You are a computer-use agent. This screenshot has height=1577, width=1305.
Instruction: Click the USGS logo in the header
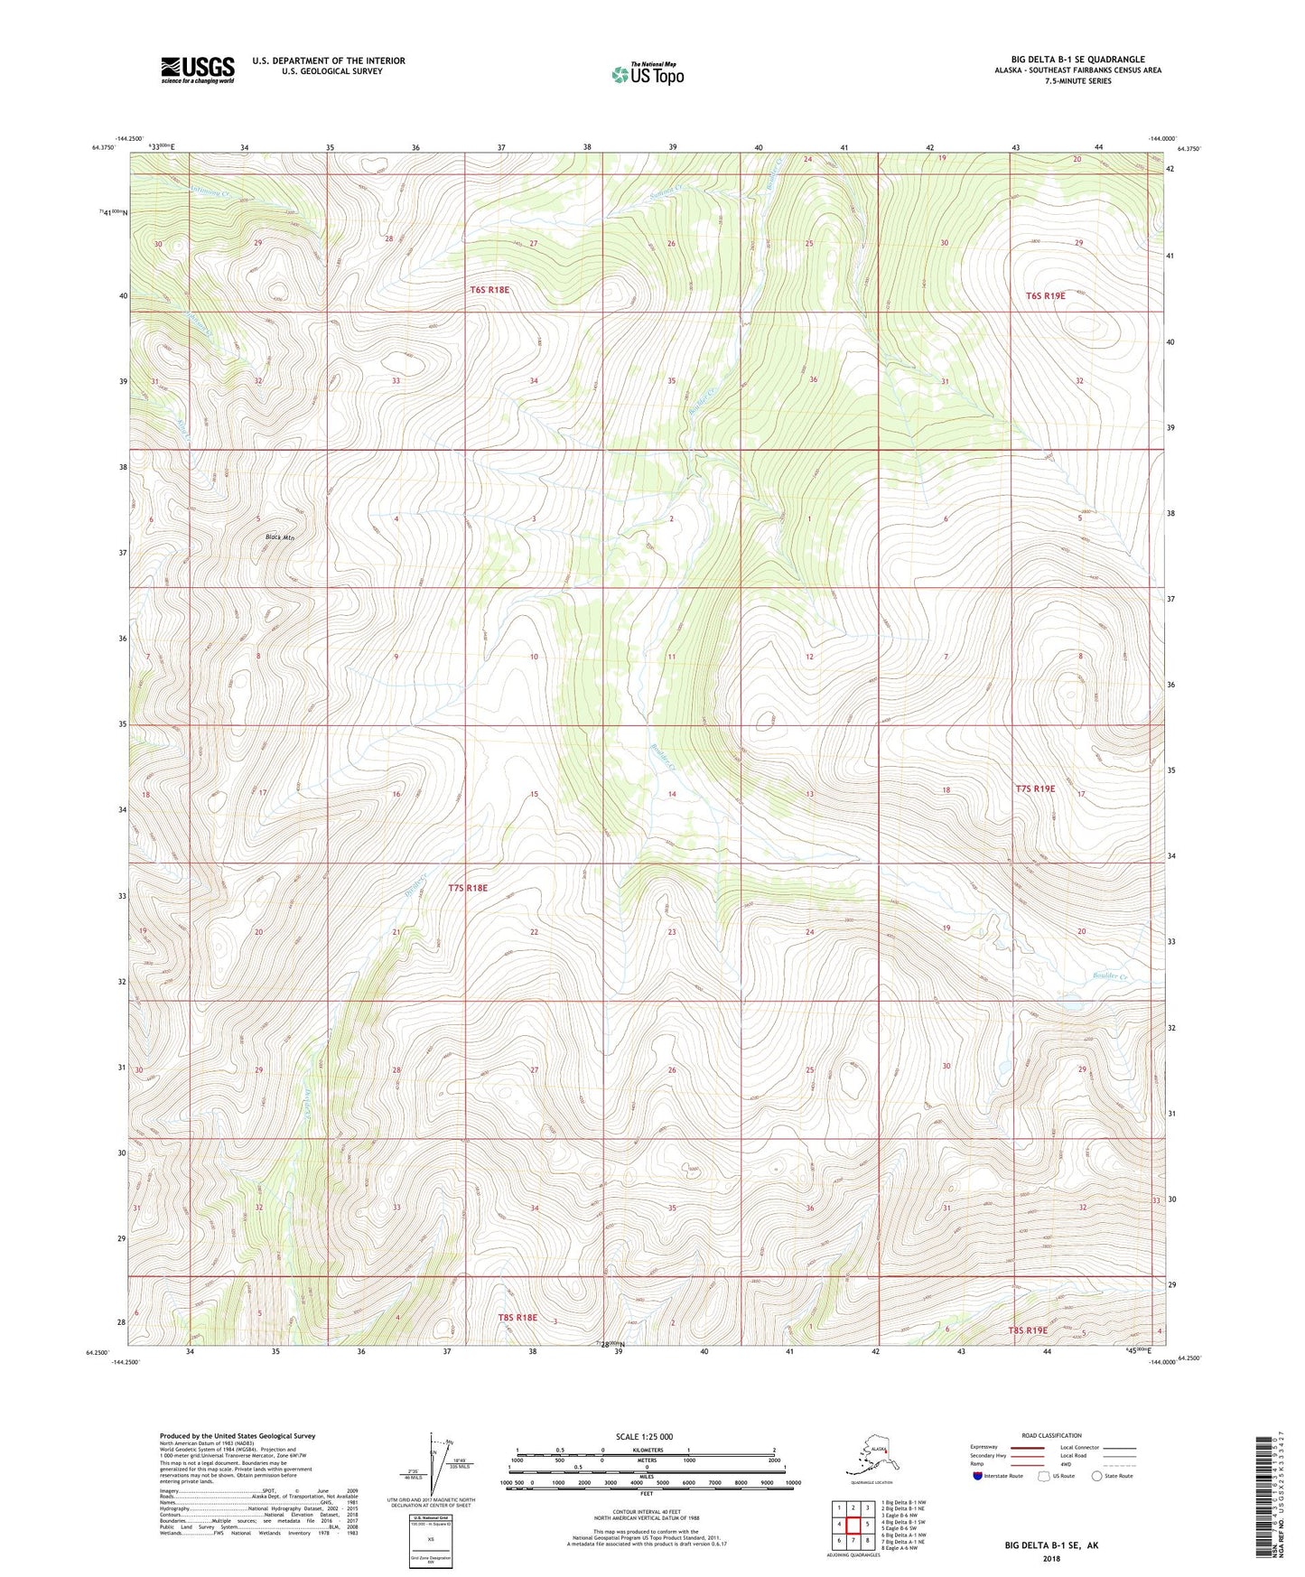pyautogui.click(x=197, y=70)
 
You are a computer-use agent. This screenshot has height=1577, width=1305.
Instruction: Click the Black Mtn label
pyautogui.click(x=280, y=537)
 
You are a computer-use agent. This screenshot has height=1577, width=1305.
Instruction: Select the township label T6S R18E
pyautogui.click(x=489, y=290)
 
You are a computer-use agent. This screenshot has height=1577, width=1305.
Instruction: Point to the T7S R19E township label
pyautogui.click(x=1035, y=788)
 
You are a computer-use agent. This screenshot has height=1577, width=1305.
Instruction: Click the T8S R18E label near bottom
pyautogui.click(x=517, y=1318)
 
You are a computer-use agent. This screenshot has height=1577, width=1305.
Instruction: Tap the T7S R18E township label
pyautogui.click(x=468, y=888)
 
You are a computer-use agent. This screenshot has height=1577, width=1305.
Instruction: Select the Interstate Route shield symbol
pyautogui.click(x=978, y=1476)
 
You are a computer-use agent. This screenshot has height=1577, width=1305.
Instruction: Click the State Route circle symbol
pyautogui.click(x=1097, y=1476)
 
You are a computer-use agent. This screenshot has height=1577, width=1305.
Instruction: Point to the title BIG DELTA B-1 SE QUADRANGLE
pyautogui.click(x=1077, y=60)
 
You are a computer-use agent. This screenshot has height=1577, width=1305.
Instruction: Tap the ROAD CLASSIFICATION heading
pyautogui.click(x=1051, y=1435)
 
